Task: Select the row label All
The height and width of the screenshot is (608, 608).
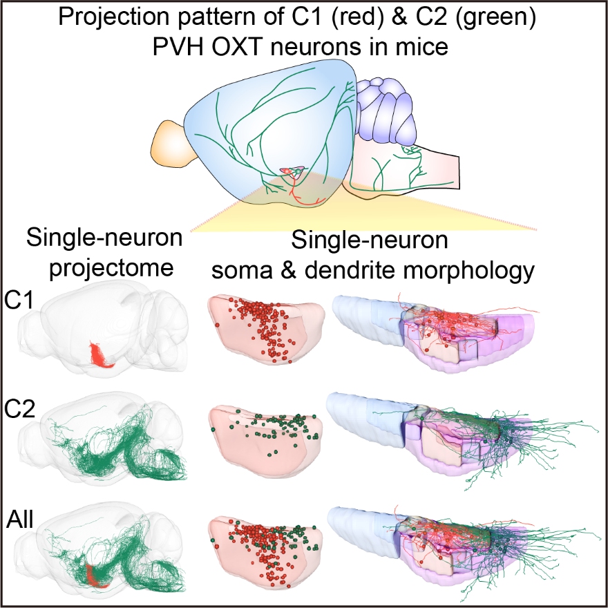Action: [20, 518]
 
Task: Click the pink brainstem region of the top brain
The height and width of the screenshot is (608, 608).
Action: [415, 169]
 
